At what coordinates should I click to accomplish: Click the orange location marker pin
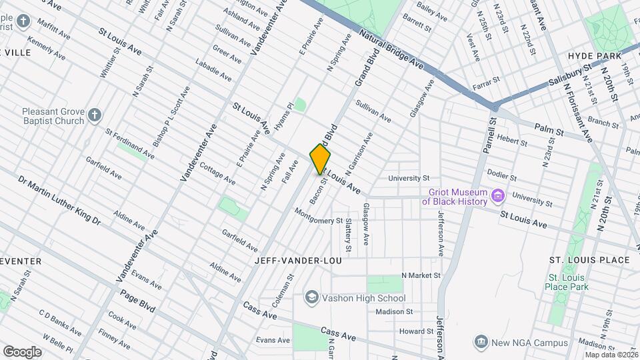pyautogui.click(x=320, y=159)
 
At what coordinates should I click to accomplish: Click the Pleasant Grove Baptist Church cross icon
pyautogui.click(x=94, y=115)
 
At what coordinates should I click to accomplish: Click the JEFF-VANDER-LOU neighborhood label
pyautogui.click(x=298, y=261)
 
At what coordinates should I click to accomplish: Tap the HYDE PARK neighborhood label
pyautogui.click(x=595, y=56)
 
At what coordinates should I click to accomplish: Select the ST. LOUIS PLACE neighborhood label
pyautogui.click(x=589, y=260)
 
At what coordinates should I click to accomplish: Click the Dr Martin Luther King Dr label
pyautogui.click(x=59, y=200)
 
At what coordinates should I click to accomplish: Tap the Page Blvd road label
pyautogui.click(x=137, y=301)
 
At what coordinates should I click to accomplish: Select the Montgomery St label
pyautogui.click(x=318, y=218)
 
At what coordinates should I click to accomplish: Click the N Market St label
pyautogui.click(x=421, y=275)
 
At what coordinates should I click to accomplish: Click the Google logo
pyautogui.click(x=22, y=351)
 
